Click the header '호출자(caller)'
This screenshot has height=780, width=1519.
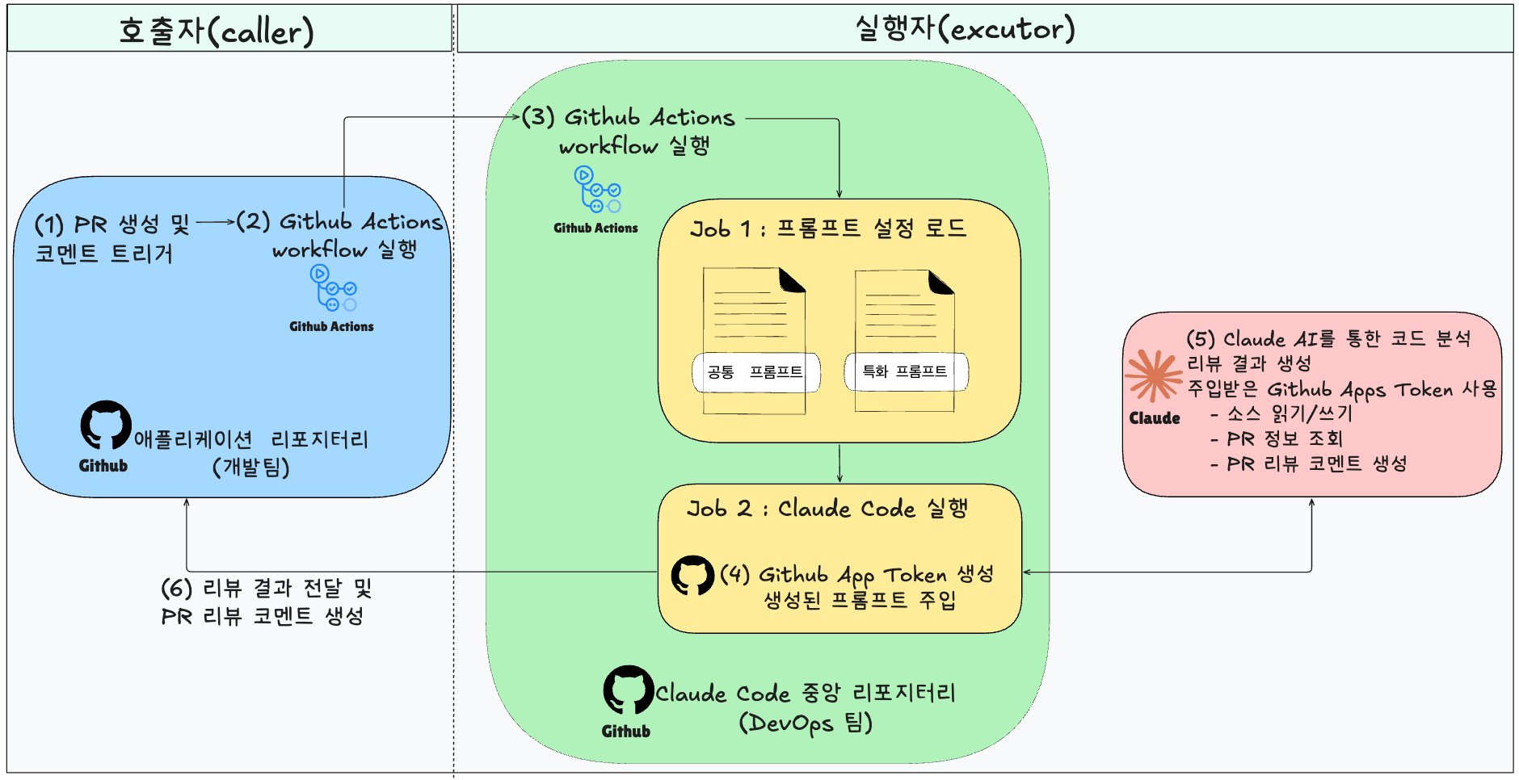(217, 31)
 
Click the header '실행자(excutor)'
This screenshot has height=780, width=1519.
(966, 28)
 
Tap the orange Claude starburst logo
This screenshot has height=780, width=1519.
(1154, 375)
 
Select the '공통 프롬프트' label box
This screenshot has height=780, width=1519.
(755, 372)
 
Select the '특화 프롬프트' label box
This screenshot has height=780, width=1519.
(905, 371)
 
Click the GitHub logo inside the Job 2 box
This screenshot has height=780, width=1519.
(692, 575)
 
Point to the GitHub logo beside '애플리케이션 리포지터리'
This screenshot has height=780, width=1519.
(105, 425)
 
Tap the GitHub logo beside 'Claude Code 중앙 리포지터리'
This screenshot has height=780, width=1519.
(628, 690)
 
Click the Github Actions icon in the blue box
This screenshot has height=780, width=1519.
(333, 288)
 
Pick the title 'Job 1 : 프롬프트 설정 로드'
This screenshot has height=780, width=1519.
(828, 229)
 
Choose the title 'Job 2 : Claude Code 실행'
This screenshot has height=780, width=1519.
(827, 509)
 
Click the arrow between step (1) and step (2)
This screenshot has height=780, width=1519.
(214, 221)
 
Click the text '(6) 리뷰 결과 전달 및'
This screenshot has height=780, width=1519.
(267, 588)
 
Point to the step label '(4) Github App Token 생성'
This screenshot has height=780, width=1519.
(856, 575)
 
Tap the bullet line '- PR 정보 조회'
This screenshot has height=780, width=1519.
(1277, 439)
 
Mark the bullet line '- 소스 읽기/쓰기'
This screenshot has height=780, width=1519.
(1281, 414)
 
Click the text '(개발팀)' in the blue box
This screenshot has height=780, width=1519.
(251, 468)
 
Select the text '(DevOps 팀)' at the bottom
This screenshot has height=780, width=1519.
(806, 723)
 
